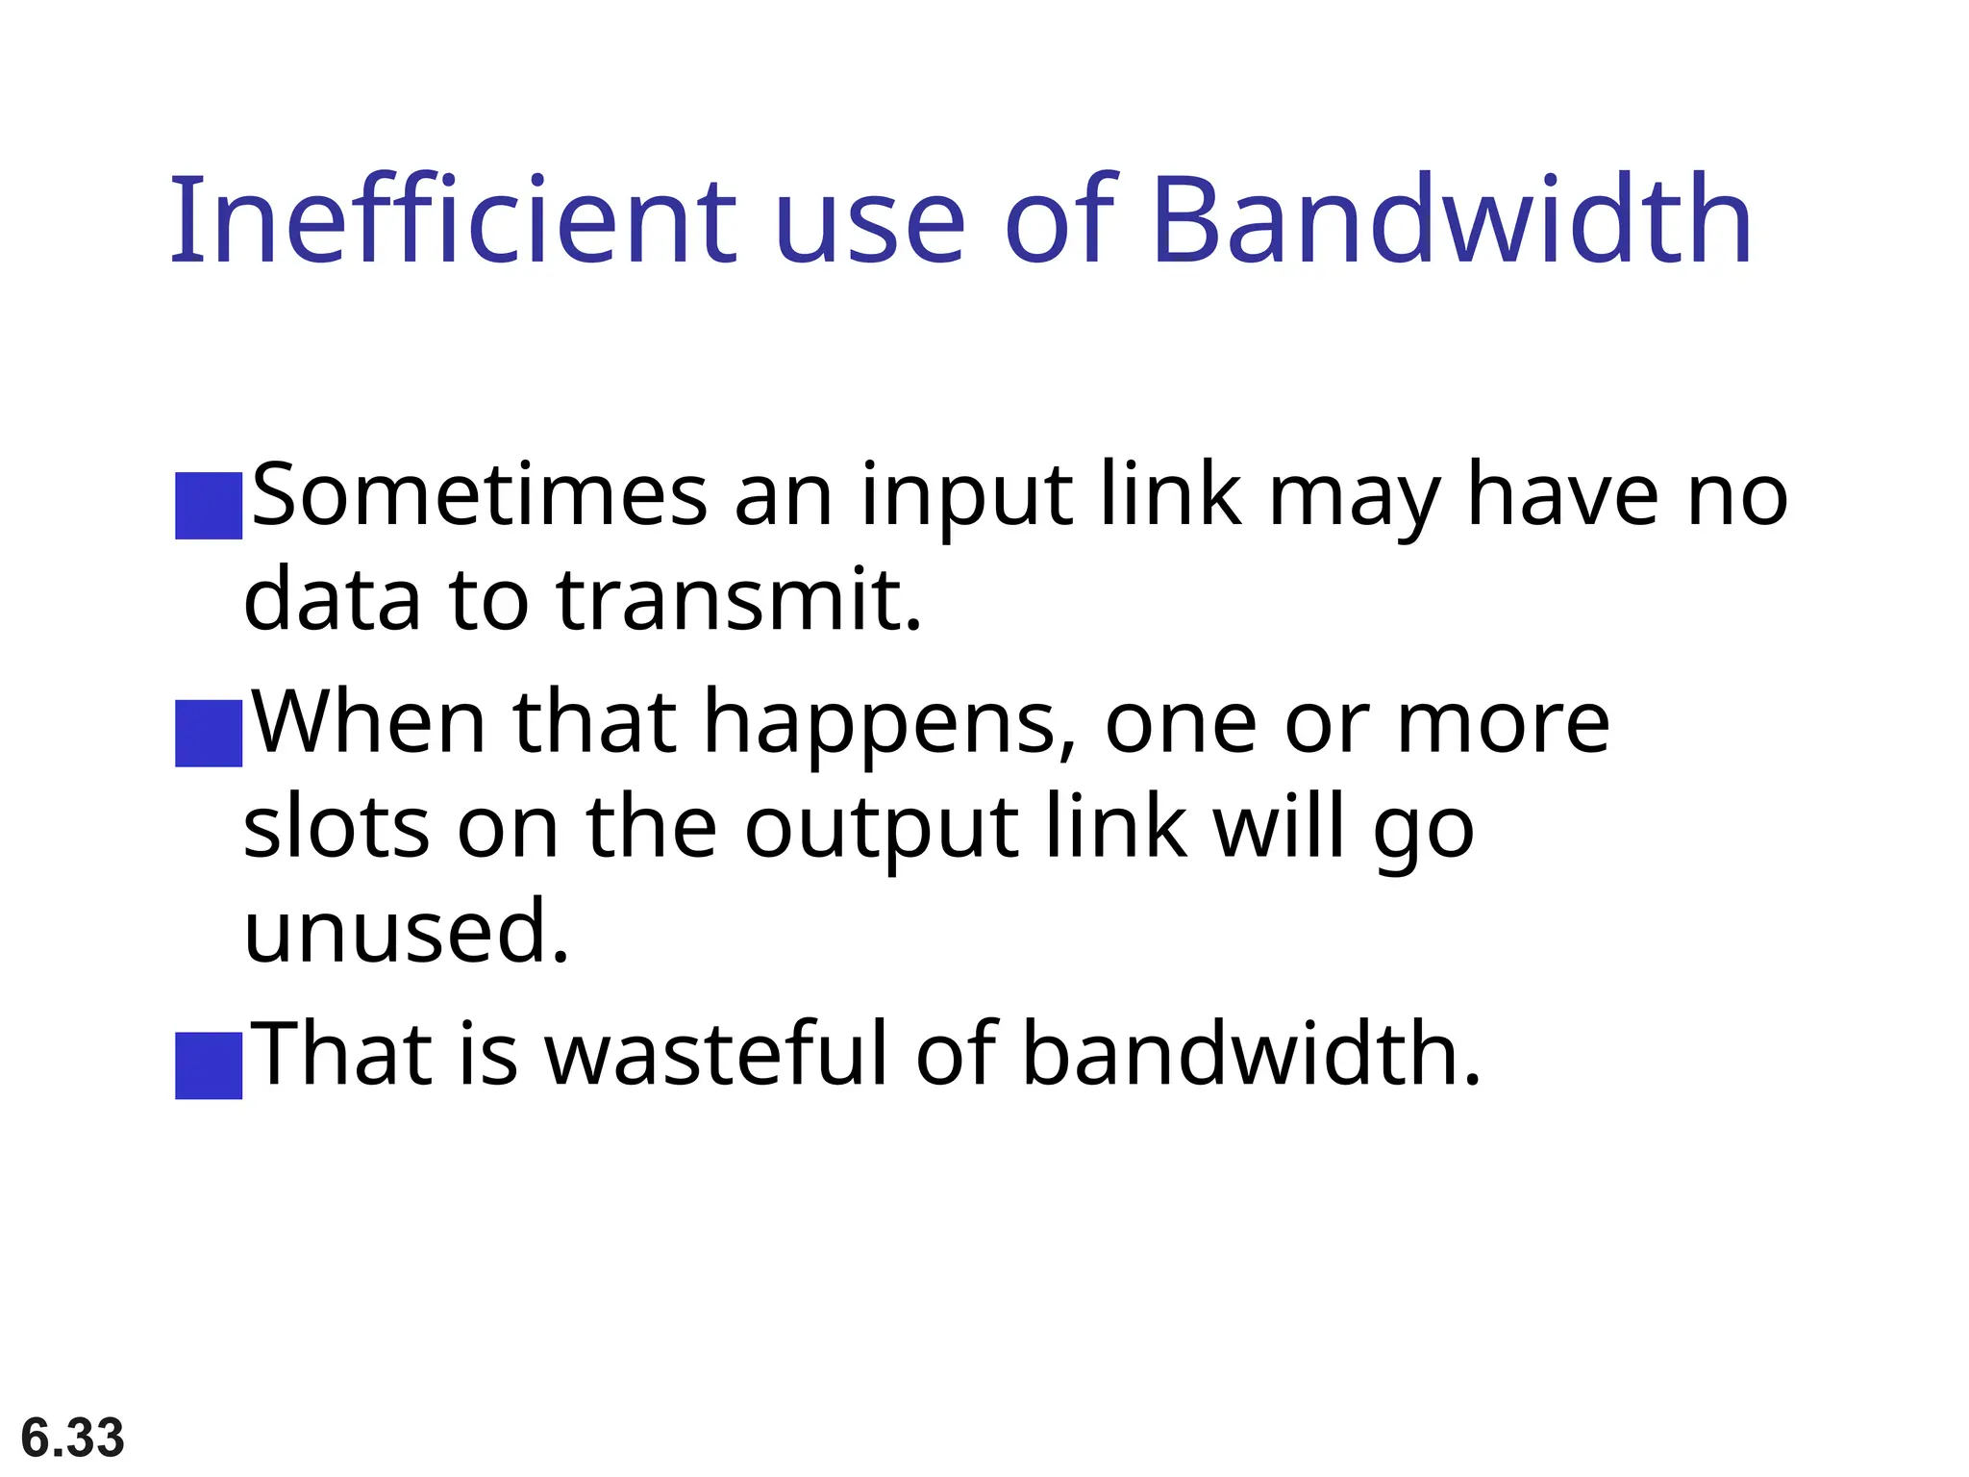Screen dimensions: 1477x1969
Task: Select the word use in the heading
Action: click(869, 223)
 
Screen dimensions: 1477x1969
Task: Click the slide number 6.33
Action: click(73, 1438)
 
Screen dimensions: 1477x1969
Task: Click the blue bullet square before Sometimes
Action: click(209, 505)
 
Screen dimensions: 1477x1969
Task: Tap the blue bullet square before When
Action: click(209, 733)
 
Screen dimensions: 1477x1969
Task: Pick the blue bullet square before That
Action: click(209, 1064)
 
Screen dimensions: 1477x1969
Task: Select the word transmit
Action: click(738, 600)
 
